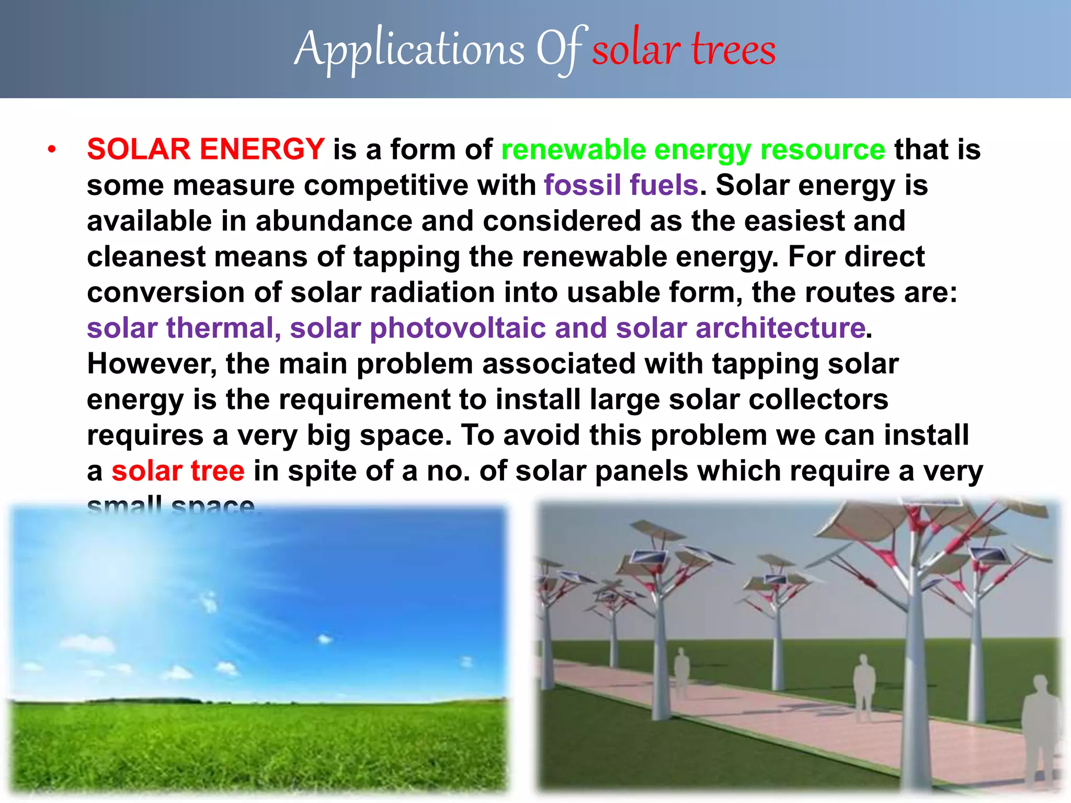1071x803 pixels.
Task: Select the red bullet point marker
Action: click(x=51, y=150)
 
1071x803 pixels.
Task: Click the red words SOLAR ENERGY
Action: click(x=206, y=149)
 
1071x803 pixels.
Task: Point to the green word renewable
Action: click(x=573, y=150)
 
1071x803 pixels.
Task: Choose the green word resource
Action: click(x=823, y=150)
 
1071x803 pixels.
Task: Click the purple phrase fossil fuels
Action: click(x=621, y=185)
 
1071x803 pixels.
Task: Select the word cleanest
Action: click(x=146, y=257)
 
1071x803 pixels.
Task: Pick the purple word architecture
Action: click(x=780, y=328)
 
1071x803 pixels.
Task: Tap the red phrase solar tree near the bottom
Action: click(x=178, y=471)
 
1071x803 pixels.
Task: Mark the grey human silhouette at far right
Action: click(x=1041, y=732)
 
